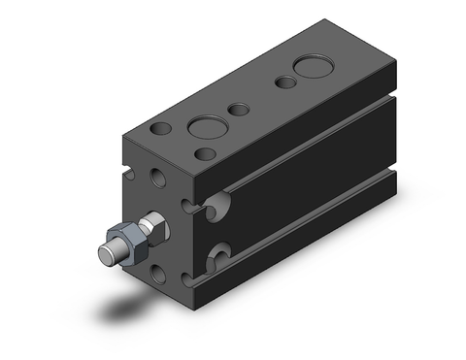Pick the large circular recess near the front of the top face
coord(205,127)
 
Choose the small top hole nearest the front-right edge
coord(204,153)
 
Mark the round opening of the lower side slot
coord(219,258)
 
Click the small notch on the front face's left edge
coord(128,178)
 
